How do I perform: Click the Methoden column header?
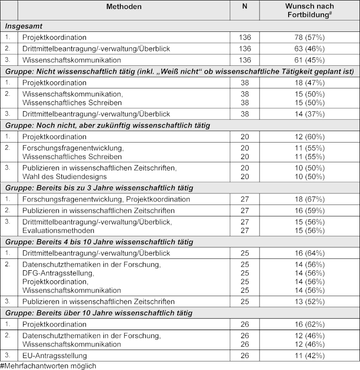pos(124,6)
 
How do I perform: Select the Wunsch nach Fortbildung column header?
pos(310,10)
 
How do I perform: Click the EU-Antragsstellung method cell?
pos(55,356)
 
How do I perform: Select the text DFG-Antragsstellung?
pos(58,273)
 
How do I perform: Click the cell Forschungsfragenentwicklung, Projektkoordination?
pos(106,199)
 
